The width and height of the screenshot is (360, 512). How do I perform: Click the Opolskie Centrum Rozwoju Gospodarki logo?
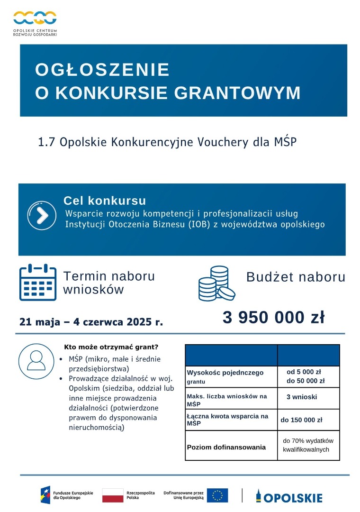[35, 23]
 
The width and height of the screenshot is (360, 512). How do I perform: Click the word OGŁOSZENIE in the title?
[102, 70]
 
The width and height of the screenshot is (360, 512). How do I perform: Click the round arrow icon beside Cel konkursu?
[42, 216]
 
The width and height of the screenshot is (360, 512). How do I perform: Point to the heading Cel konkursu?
[105, 201]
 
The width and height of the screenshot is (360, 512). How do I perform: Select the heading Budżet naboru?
[296, 277]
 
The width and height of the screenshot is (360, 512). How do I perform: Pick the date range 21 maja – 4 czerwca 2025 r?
[91, 322]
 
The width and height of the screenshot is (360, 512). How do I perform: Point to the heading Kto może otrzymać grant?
[111, 347]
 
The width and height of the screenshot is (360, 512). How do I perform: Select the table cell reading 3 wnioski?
[302, 397]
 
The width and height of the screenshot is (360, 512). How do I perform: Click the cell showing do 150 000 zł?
[302, 420]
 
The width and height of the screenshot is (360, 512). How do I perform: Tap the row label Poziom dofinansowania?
[226, 447]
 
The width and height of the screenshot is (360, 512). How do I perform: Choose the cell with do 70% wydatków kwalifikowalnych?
[308, 445]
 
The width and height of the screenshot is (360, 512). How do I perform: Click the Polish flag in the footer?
[113, 495]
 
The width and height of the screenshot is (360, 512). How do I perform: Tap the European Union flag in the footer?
[217, 495]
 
